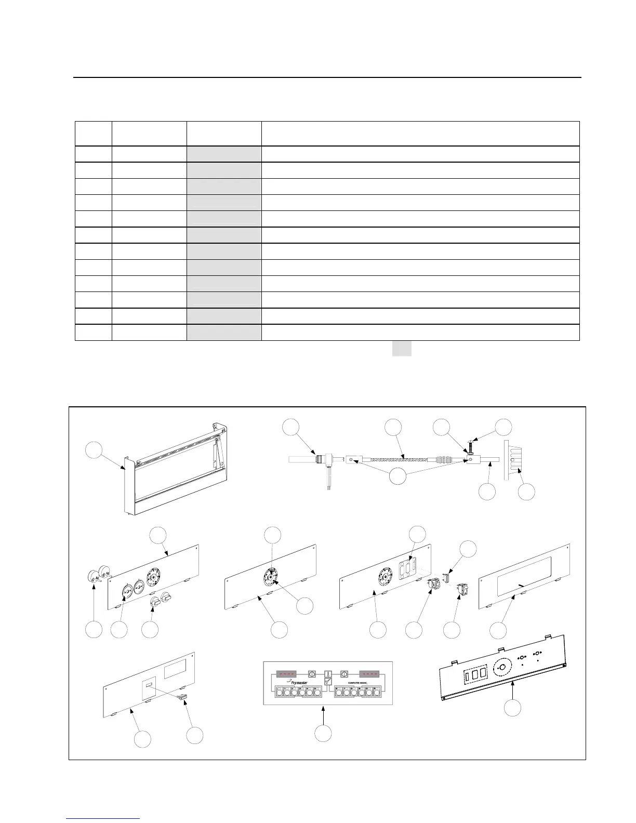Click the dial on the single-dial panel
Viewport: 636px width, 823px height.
271,576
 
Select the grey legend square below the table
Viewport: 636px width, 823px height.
401,348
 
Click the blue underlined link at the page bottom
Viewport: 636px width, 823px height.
103,818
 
